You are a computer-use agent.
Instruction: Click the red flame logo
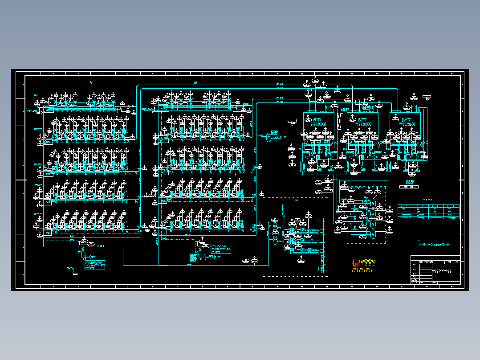355,263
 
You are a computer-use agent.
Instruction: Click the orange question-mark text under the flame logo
362,270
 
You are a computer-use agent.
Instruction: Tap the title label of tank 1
317,119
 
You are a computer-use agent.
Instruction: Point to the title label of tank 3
407,119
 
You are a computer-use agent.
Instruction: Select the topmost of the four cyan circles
373,203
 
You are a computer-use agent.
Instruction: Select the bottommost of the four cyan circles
373,235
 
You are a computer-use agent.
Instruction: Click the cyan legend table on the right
428,212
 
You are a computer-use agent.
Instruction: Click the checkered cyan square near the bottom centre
192,257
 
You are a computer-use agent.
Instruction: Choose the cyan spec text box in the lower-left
94,265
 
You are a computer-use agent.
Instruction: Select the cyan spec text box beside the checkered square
220,249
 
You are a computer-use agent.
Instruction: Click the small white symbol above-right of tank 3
427,98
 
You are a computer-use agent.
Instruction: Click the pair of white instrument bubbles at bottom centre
249,260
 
